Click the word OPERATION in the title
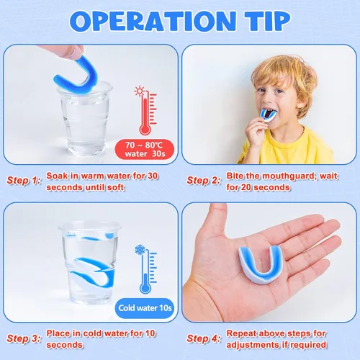(153, 21)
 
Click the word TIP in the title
(267, 21)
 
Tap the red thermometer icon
(146, 111)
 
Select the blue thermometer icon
(146, 269)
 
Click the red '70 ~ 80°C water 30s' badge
(145, 149)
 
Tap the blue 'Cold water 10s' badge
(145, 308)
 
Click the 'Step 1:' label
(24, 181)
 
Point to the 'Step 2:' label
(204, 181)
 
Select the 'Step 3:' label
(24, 338)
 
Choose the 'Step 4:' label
(204, 338)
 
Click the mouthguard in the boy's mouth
(269, 116)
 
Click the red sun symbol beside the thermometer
(139, 91)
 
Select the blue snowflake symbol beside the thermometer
(140, 250)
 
